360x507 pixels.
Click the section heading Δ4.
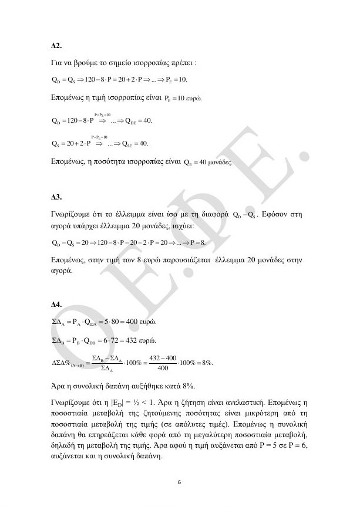[x=57, y=305]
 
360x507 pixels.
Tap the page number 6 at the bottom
[x=180, y=482]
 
